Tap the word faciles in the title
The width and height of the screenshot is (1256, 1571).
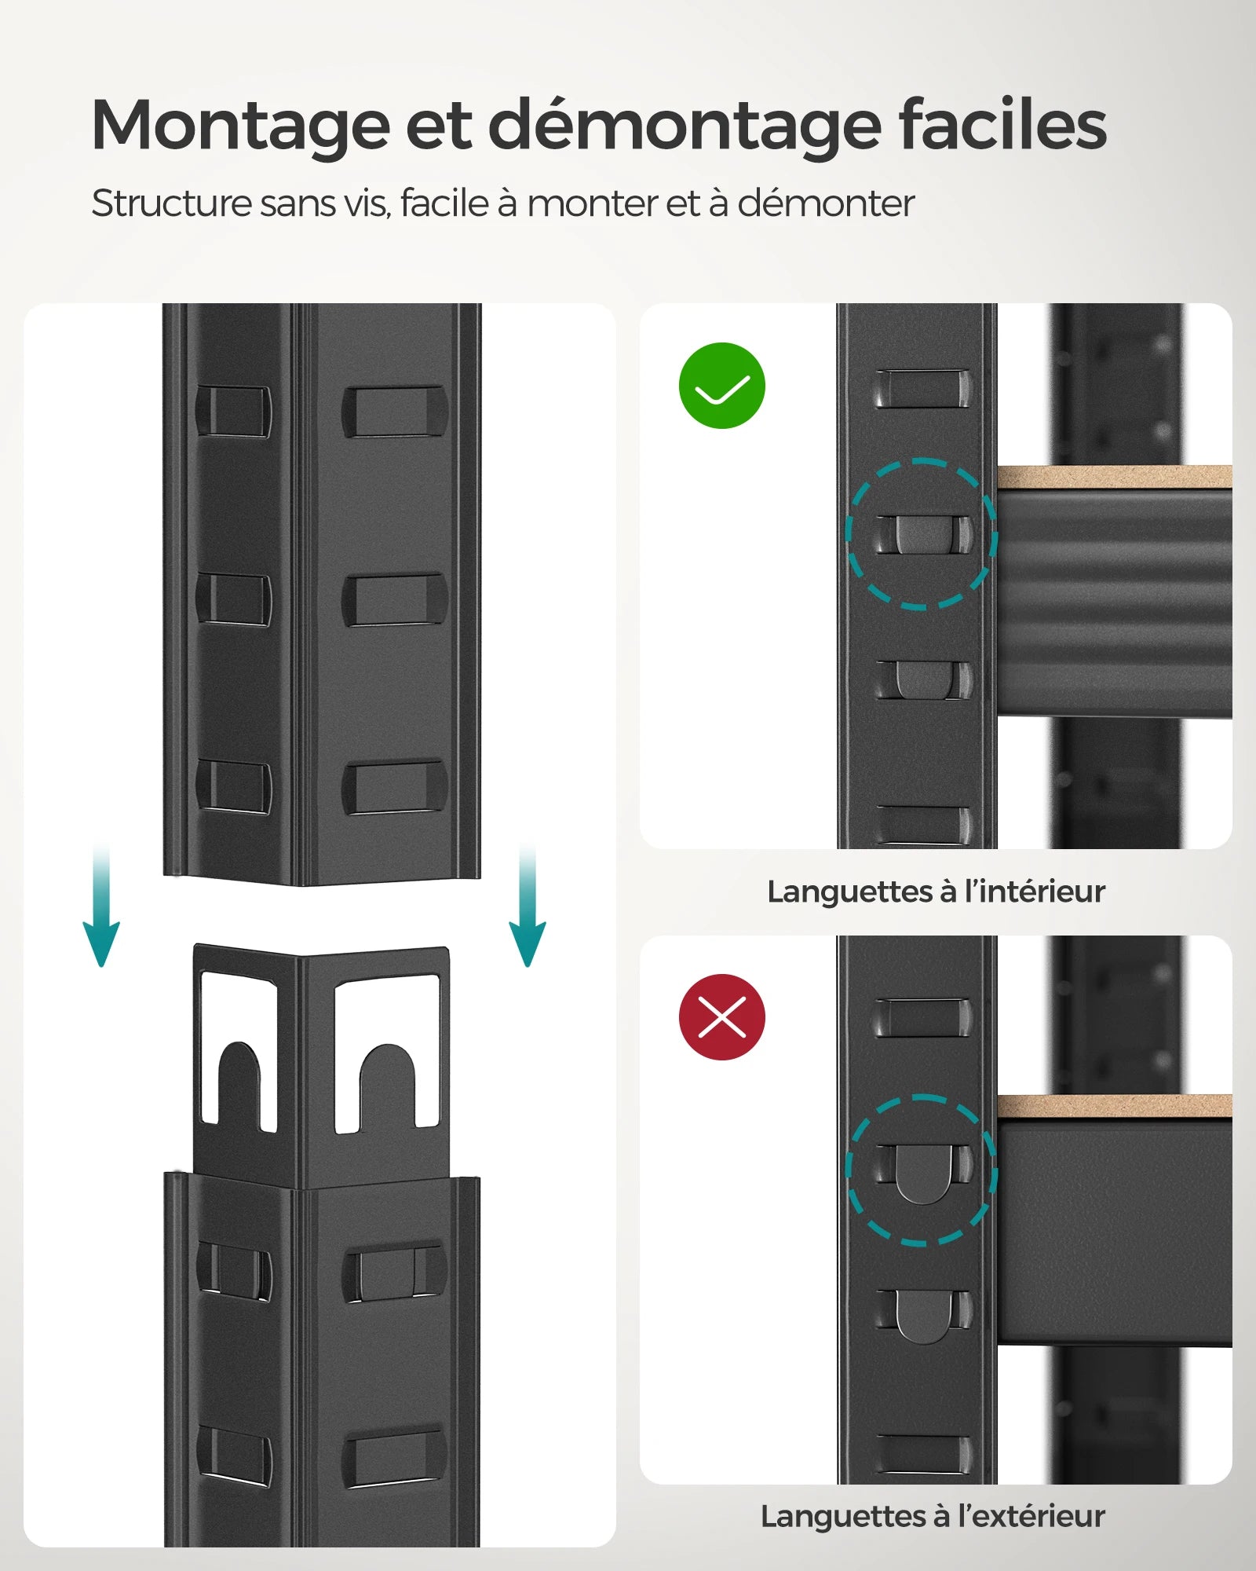click(1002, 126)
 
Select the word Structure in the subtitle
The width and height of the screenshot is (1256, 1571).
click(170, 203)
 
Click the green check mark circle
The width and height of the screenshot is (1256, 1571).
click(721, 386)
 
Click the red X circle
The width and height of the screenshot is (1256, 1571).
click(721, 1017)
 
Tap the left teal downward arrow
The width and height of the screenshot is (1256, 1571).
click(101, 911)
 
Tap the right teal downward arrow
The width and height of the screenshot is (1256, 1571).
click(527, 911)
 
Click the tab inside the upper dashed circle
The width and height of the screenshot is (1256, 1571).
click(922, 535)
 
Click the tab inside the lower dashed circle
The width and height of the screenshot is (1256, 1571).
click(923, 1173)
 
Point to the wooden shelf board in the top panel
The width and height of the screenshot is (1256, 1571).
click(1114, 476)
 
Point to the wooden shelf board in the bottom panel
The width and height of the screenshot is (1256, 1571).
click(1114, 1106)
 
